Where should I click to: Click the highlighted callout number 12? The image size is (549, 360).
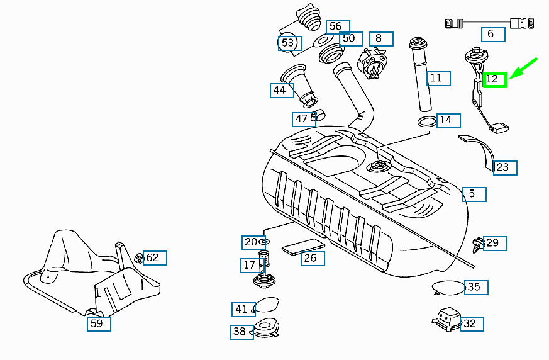point(495,79)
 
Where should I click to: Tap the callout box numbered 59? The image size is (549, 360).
point(99,323)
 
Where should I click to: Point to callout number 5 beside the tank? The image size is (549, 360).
point(474,194)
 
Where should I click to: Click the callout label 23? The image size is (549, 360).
point(505,167)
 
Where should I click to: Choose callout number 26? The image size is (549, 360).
point(313,258)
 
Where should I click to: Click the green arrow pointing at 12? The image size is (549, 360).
point(523,69)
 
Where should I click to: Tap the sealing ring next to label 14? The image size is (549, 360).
point(428,121)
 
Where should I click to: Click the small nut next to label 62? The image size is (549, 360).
point(139,257)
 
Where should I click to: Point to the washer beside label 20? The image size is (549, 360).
point(264,241)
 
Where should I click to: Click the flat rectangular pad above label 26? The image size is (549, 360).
point(302,245)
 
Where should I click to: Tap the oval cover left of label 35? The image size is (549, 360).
point(448,287)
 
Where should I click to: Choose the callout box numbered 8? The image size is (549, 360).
point(380,38)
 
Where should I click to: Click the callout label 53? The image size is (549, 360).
point(289,43)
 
